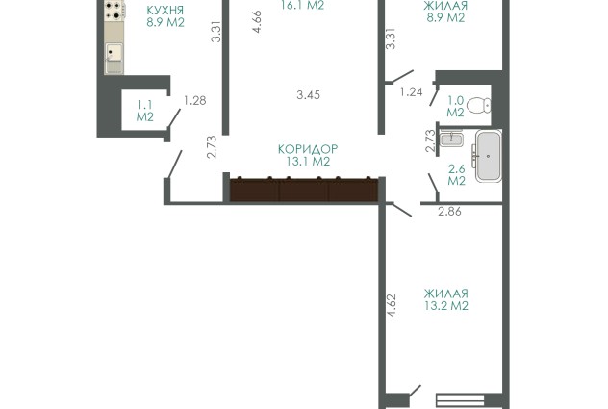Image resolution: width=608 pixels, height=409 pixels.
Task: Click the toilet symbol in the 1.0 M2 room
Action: (479, 105)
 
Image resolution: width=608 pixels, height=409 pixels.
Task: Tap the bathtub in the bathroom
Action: (489, 156)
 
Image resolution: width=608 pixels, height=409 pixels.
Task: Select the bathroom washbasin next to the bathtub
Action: (451, 139)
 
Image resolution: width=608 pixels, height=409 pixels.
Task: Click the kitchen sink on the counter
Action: (114, 53)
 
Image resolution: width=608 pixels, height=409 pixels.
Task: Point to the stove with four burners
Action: (114, 11)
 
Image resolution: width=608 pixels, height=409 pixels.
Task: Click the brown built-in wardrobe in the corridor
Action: (304, 190)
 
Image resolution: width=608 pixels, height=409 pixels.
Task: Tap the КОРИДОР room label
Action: (308, 149)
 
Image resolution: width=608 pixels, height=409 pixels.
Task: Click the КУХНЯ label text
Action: (165, 10)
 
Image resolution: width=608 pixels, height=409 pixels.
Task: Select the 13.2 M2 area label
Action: (446, 306)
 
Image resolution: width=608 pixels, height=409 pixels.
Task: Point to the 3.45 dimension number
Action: (308, 95)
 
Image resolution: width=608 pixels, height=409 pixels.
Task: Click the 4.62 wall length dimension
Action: (392, 305)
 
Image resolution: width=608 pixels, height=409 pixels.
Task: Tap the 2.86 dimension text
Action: (449, 212)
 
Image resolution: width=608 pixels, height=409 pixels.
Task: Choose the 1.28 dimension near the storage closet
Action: (194, 101)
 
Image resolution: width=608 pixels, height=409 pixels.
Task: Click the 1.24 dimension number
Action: (411, 92)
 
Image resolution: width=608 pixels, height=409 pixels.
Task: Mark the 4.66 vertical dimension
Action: (257, 22)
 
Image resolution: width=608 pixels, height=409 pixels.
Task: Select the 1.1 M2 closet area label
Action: (145, 111)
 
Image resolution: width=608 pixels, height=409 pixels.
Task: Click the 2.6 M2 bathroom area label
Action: (456, 175)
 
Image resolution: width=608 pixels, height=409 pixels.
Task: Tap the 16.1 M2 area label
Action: (302, 6)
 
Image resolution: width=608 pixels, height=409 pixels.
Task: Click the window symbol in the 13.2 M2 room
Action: (460, 400)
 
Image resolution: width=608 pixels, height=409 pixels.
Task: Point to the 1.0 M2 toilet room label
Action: (456, 106)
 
